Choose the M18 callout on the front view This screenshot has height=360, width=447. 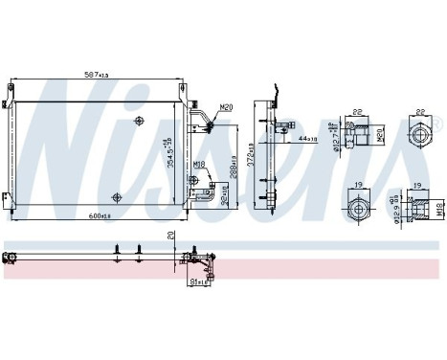(198, 165)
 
